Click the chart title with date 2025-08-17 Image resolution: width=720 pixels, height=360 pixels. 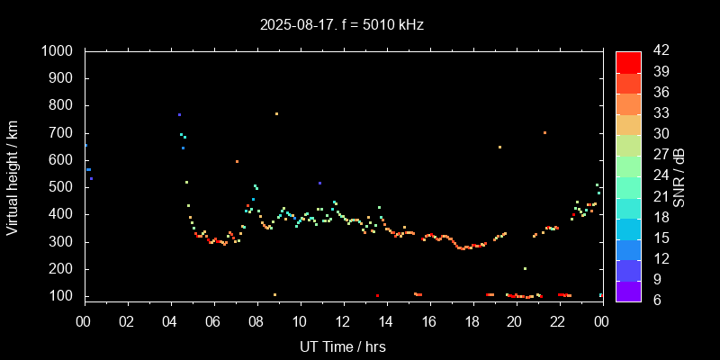[342, 25]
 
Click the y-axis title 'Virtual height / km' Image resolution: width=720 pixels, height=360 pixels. [13, 175]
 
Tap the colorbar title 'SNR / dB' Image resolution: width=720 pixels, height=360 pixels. [679, 175]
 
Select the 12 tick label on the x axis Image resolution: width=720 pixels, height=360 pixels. [342, 322]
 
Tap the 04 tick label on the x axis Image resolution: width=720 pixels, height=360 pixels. [170, 322]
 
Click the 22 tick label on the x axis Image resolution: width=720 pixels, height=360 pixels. [558, 322]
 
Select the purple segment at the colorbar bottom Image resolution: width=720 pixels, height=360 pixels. [628, 291]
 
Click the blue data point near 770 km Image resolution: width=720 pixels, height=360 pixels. [179, 114]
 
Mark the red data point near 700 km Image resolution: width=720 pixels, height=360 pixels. [544, 132]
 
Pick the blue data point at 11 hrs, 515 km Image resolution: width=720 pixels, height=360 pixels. [319, 183]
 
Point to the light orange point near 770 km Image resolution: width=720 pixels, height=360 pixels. [276, 113]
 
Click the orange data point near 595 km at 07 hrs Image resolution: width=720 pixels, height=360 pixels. [237, 161]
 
